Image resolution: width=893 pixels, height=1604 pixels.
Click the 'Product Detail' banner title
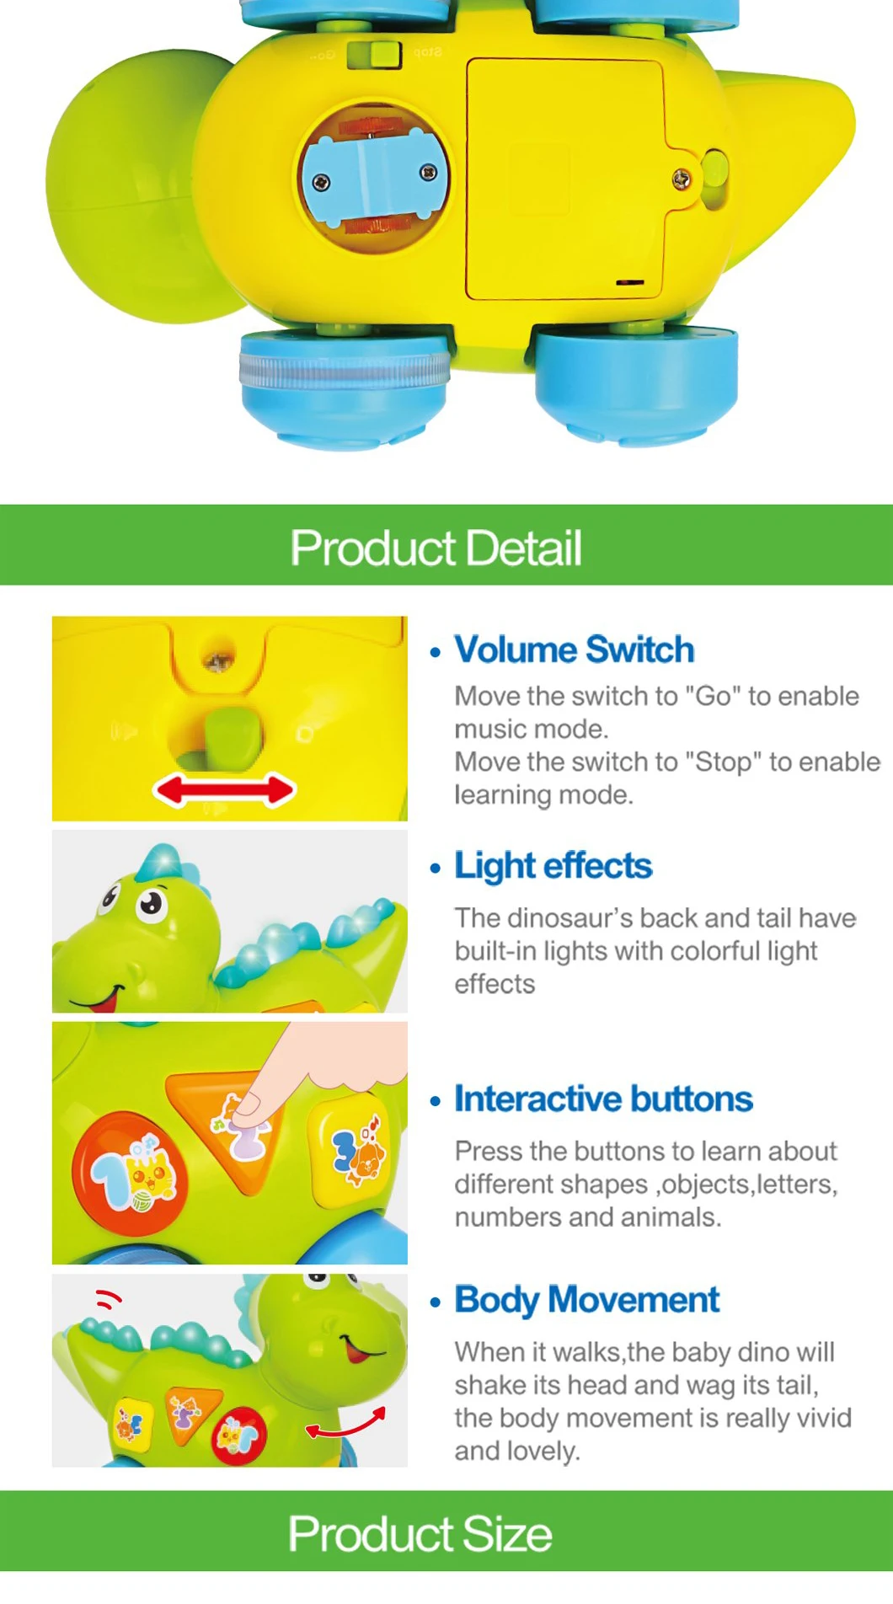(436, 548)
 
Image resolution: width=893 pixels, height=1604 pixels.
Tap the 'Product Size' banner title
(420, 1533)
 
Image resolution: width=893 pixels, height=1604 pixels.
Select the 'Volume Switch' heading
(574, 650)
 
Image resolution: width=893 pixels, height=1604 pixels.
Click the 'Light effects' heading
(553, 866)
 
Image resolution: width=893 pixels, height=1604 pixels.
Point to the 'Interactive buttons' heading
(603, 1099)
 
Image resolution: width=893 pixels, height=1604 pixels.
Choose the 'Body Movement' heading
(586, 1300)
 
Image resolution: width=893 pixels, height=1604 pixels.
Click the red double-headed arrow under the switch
(224, 791)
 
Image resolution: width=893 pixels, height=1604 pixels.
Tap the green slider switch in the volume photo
(233, 737)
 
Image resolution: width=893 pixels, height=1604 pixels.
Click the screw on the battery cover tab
(681, 179)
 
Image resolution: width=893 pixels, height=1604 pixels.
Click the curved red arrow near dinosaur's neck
(346, 1425)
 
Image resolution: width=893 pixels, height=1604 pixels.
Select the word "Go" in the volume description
(713, 697)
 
